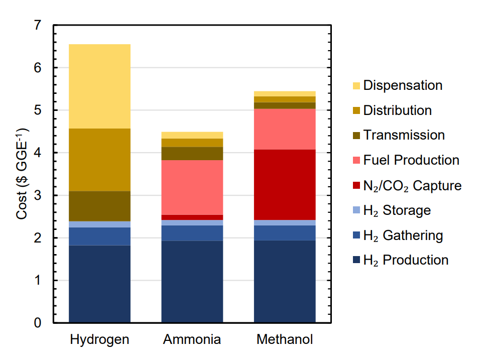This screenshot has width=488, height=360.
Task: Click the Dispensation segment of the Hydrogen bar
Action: coord(99,86)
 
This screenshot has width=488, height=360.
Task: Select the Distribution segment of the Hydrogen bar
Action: coord(99,160)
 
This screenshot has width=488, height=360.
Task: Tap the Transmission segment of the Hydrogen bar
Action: coord(99,206)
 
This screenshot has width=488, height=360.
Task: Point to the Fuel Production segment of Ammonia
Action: coord(192,187)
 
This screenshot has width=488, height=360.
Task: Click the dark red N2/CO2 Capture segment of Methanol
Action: coord(285,184)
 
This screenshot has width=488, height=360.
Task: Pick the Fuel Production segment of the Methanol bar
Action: coord(285,129)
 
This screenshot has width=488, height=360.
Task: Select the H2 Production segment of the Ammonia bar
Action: coord(192,281)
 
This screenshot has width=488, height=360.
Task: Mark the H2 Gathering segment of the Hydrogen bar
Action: coord(99,236)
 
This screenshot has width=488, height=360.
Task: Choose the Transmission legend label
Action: coord(404,135)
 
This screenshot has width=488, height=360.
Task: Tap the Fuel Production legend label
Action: coord(411,160)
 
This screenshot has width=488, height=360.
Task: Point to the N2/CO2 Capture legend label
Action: coord(412,186)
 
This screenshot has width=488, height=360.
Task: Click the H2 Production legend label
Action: coord(406,260)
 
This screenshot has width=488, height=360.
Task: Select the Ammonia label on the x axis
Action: coord(192,340)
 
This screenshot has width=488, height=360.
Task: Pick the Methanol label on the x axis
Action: coord(285,340)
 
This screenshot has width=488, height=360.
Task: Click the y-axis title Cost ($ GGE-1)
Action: coord(23,174)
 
